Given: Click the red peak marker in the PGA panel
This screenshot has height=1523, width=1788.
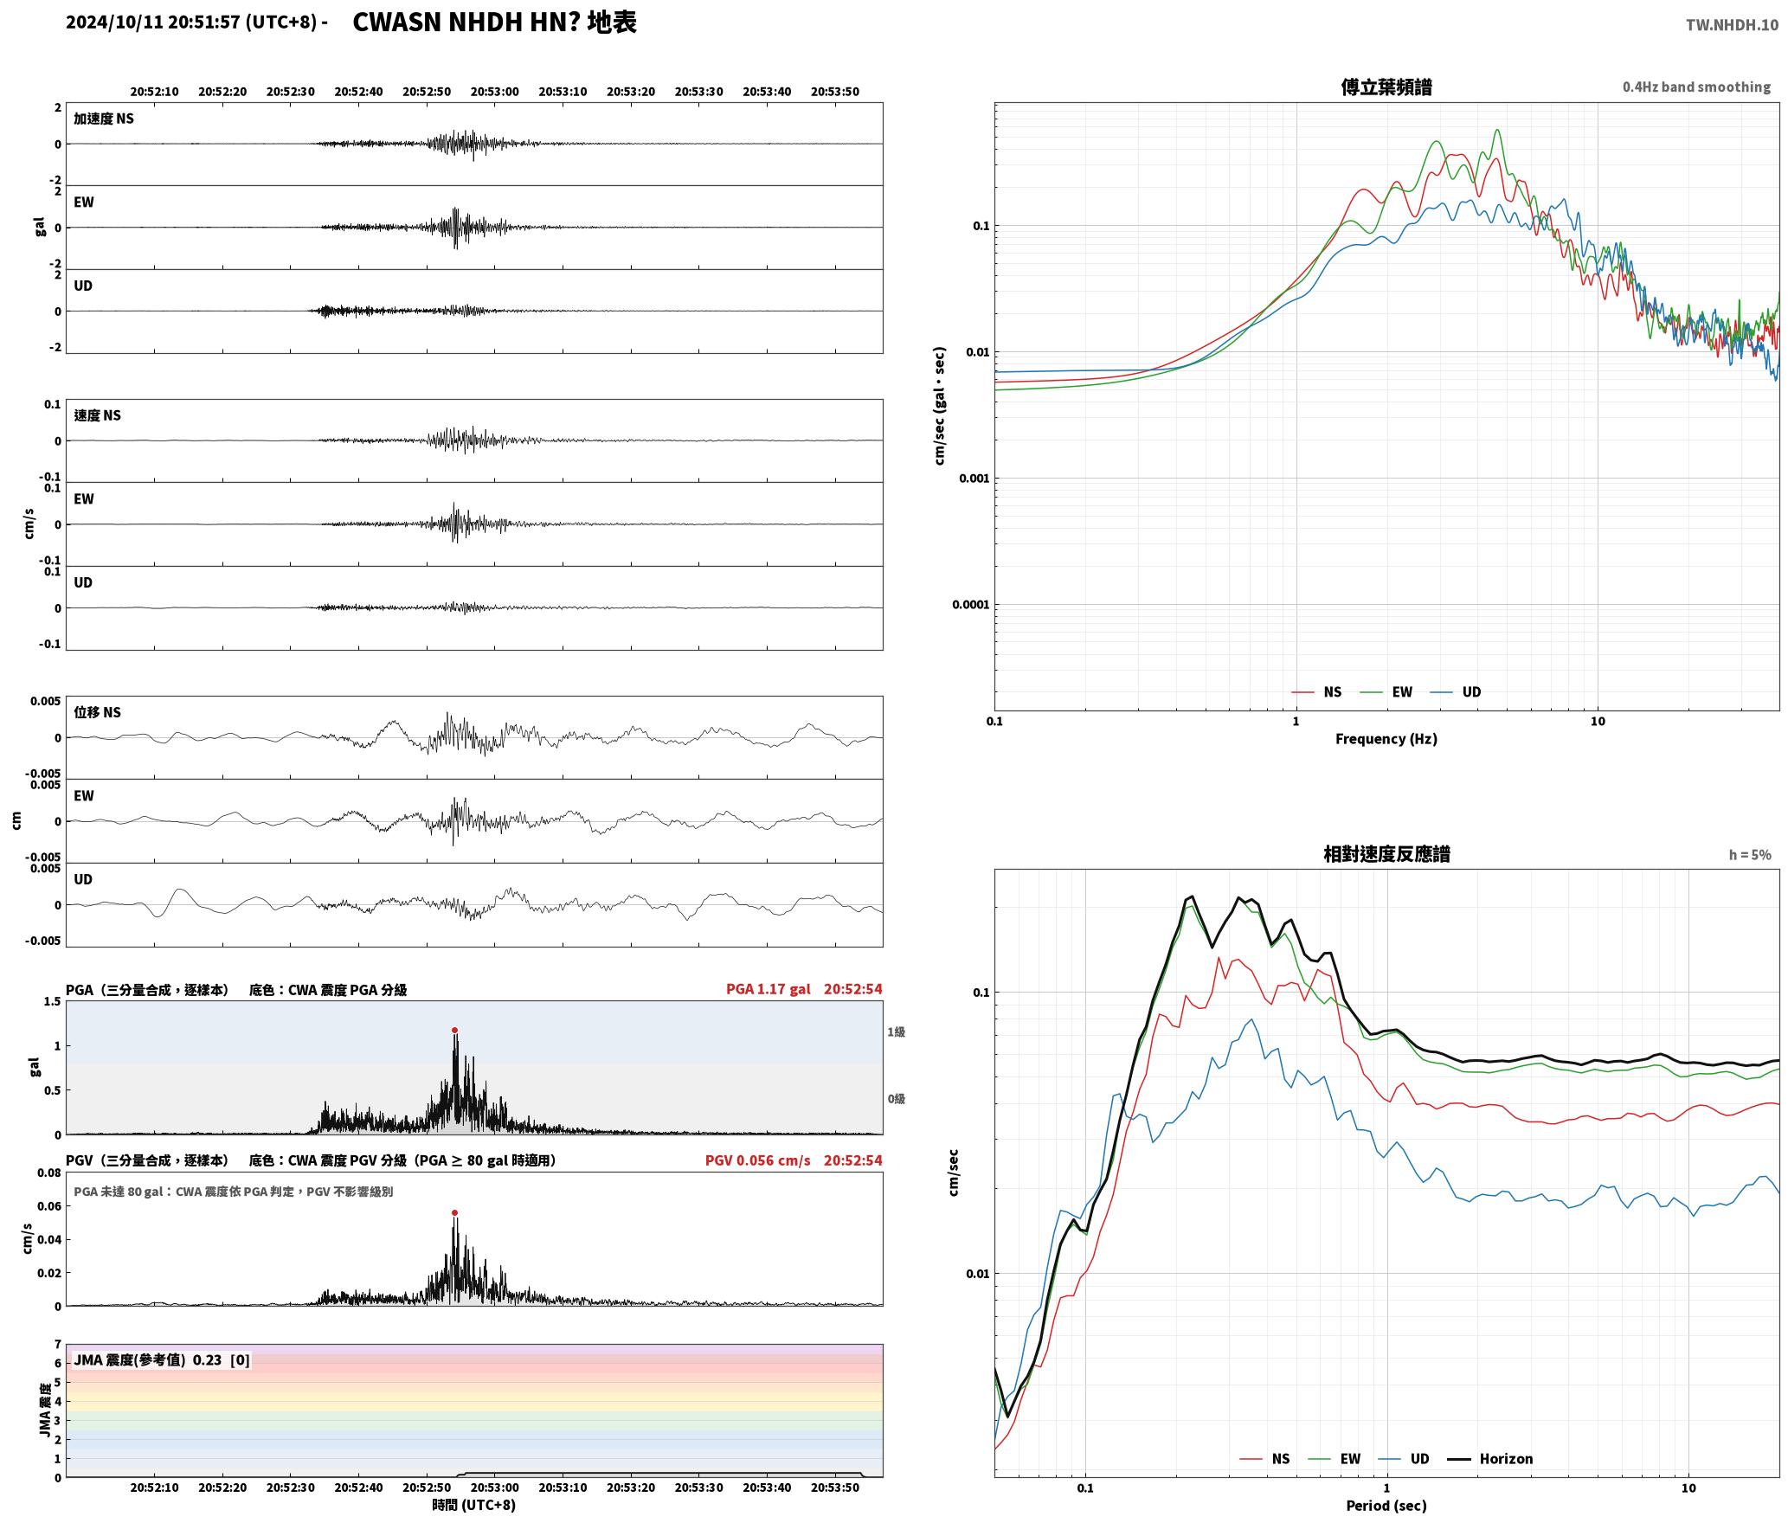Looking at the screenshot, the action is coord(454,1031).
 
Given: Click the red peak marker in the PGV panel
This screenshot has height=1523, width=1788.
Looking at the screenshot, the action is coord(454,1213).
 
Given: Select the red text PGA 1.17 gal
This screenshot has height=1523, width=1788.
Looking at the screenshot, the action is coord(769,989).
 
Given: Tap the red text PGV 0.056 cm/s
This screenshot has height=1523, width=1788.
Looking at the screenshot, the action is coord(758,1160).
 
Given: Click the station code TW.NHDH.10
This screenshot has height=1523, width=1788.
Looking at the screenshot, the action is coord(1732,24).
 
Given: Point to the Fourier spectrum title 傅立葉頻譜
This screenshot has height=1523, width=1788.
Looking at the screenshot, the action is coord(1386,87).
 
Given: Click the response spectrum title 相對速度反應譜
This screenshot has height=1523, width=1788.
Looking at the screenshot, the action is coord(1386,854).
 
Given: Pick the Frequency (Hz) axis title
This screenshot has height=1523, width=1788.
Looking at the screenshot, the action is coord(1386,739).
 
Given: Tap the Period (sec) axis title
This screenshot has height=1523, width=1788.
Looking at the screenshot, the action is coord(1386,1506).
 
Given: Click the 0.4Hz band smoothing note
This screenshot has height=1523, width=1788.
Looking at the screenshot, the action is coord(1696,87).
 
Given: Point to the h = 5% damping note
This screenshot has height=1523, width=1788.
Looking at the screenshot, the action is coord(1750,855).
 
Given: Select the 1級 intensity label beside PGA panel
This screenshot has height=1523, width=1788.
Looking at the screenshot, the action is coord(896,1032).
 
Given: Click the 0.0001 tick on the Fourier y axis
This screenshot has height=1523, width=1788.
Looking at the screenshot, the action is coord(970,605).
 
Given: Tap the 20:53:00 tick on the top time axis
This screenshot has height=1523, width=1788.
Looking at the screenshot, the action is coord(495,92).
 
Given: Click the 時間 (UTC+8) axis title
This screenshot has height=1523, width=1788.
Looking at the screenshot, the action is coord(474,1505).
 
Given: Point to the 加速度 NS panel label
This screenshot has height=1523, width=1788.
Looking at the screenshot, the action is coord(104,119).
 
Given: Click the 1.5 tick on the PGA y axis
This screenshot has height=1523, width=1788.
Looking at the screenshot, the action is coord(53,1002).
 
